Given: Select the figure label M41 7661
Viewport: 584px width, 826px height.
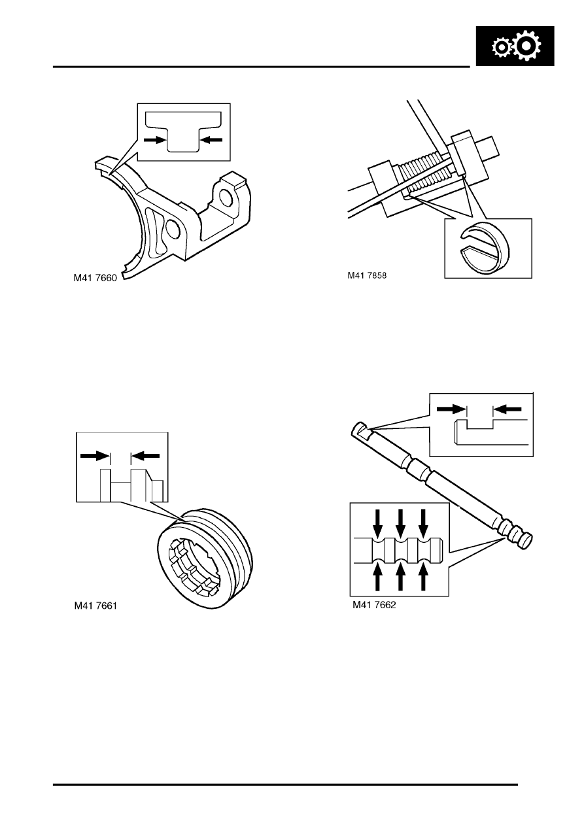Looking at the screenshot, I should (98, 606).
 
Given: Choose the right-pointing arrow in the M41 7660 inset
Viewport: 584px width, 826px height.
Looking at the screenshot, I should (154, 139).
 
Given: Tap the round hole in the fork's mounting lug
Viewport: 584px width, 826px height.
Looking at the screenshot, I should (224, 198).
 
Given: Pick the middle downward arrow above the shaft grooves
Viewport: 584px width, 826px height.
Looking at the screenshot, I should (401, 519).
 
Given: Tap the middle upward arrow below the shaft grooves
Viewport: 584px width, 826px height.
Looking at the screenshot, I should (401, 579).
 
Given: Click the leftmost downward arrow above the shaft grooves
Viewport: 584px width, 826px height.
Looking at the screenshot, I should (377, 519).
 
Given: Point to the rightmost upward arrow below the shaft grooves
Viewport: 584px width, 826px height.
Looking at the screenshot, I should (424, 579).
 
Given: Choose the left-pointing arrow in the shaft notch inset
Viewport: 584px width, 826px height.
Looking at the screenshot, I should (508, 409).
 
